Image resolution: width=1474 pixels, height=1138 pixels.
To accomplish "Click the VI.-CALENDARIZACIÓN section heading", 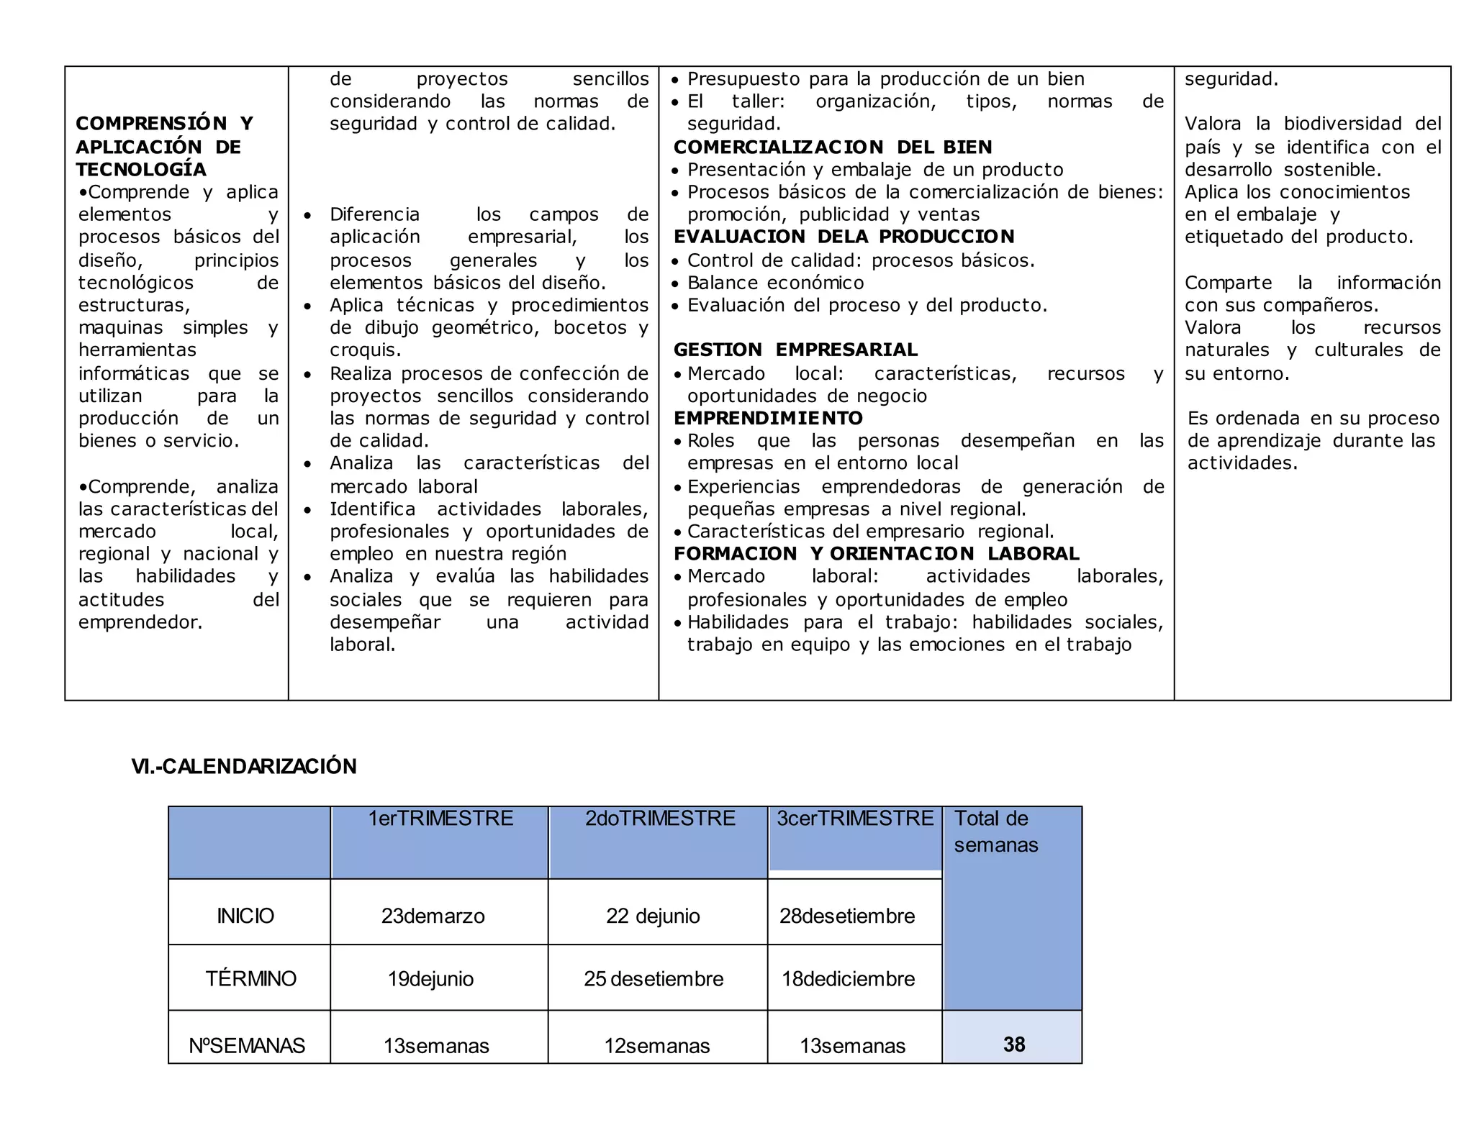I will pyautogui.click(x=243, y=766).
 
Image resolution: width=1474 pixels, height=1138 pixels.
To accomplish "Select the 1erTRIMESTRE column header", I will pyautogui.click(x=440, y=819).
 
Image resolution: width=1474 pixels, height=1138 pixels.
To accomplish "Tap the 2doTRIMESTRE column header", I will pyautogui.click(x=659, y=819).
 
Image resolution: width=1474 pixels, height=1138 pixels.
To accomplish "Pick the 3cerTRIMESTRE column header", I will pyautogui.click(x=855, y=819).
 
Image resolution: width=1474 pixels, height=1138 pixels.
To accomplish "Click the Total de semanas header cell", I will pyautogui.click(x=996, y=832).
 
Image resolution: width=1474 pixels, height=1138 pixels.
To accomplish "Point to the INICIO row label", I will pyautogui.click(x=245, y=916).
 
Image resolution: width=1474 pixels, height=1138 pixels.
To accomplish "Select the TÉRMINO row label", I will pyautogui.click(x=250, y=978).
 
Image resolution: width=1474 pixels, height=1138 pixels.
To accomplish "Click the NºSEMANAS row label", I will pyautogui.click(x=247, y=1045).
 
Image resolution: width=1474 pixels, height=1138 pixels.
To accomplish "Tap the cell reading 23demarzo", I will pyautogui.click(x=433, y=916).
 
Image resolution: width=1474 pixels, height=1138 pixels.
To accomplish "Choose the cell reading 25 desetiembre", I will pyautogui.click(x=654, y=978).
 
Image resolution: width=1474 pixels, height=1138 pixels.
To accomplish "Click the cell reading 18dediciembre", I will pyautogui.click(x=848, y=978).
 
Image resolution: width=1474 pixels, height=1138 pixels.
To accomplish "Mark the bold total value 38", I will pyautogui.click(x=1013, y=1044).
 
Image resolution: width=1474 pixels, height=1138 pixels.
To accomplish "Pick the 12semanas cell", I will pyautogui.click(x=656, y=1045).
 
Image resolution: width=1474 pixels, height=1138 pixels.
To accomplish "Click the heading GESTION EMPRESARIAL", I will pyautogui.click(x=795, y=350).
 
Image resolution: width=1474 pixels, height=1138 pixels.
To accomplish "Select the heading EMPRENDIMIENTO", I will pyautogui.click(x=768, y=418).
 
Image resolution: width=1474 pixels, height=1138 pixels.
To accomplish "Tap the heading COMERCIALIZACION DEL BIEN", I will pyautogui.click(x=833, y=147).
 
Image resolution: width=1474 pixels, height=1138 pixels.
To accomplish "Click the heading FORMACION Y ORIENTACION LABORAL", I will pyautogui.click(x=876, y=553).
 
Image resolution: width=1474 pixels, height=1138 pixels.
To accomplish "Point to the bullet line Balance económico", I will pyautogui.click(x=775, y=283).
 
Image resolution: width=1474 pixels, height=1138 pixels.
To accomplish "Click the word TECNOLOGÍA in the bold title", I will pyautogui.click(x=141, y=169).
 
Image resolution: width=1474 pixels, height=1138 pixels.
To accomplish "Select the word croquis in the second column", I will pyautogui.click(x=365, y=350).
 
